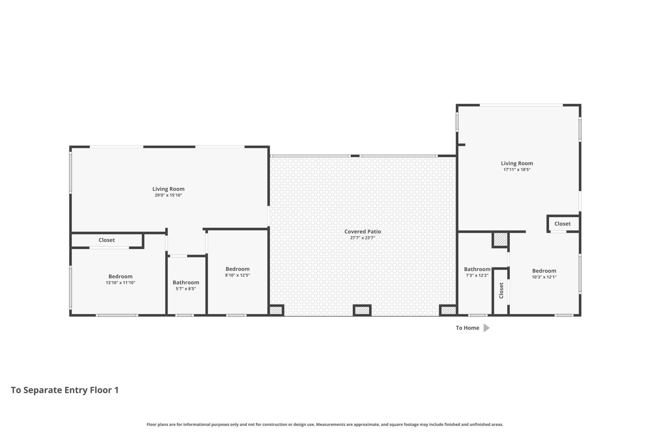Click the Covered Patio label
[363, 232]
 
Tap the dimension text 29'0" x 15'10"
[168, 195]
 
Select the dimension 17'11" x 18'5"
[517, 169]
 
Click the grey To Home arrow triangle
[486, 328]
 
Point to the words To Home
[468, 328]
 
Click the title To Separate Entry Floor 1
[65, 390]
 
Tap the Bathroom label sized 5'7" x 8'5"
[186, 282]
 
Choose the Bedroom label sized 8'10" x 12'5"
[237, 269]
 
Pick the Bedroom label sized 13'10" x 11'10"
[120, 276]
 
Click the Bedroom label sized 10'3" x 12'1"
[544, 271]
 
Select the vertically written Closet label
[501, 290]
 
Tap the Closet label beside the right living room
[562, 224]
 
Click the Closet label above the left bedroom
[107, 240]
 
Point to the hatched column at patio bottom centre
[362, 310]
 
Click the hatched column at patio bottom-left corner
[276, 310]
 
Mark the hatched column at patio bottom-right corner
[448, 310]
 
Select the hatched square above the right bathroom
[500, 240]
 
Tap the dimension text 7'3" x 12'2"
[477, 275]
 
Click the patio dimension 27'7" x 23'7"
[363, 238]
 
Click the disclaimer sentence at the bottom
[325, 425]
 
